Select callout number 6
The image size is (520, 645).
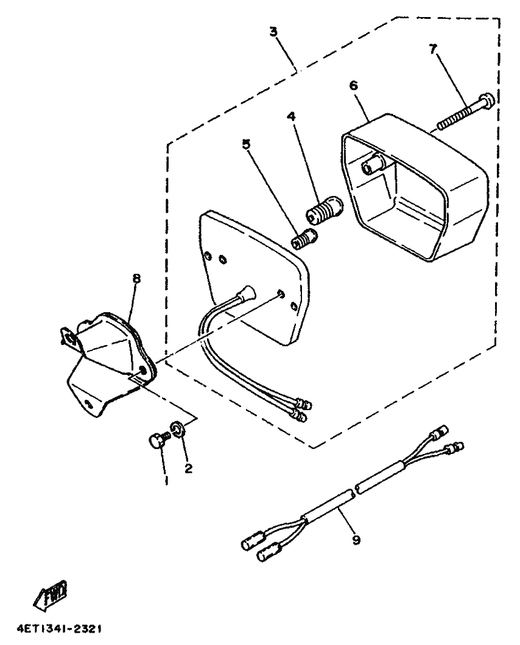tap(354, 85)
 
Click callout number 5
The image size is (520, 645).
tap(247, 145)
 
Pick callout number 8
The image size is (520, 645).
tap(136, 278)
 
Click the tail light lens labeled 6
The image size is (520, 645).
tap(414, 189)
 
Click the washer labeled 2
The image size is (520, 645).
tap(177, 430)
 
